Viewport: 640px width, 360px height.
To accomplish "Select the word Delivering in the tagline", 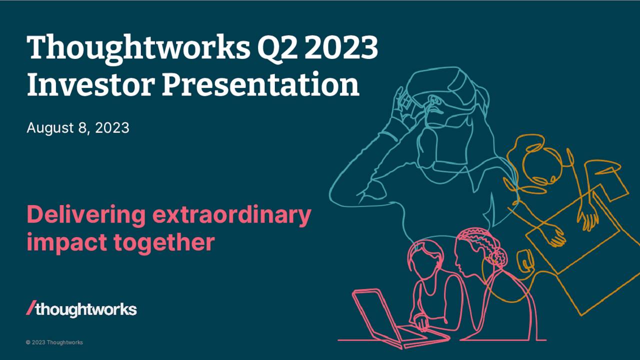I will click(85, 215).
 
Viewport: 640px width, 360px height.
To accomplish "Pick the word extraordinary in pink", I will click(231, 215).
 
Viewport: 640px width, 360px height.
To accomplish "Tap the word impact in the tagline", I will click(66, 242).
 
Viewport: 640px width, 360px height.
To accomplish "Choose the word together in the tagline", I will click(164, 242).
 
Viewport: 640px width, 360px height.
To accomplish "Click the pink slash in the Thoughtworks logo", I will click(31, 308).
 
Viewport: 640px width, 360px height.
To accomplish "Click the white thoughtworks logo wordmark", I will click(86, 309).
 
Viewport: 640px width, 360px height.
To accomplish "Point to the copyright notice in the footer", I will click(54, 342).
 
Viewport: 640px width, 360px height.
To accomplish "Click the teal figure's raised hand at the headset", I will click(403, 102).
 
